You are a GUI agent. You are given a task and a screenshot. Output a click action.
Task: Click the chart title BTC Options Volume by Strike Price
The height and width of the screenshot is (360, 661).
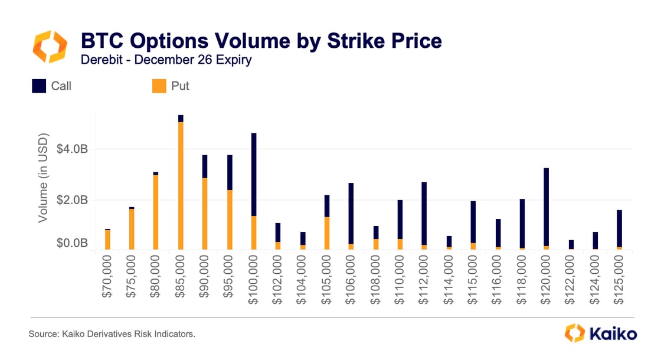point(261,41)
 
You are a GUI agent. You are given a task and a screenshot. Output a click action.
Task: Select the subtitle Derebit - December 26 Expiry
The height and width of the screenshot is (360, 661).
point(166,61)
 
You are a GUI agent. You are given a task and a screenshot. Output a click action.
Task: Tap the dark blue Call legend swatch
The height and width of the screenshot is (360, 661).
point(39,86)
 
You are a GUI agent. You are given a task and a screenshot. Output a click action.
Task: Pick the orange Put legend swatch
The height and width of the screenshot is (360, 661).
point(159,86)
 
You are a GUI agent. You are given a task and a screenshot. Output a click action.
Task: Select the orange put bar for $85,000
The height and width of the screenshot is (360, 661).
point(181,186)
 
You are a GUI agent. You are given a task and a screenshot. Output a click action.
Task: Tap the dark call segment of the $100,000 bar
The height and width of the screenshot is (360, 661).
point(254,174)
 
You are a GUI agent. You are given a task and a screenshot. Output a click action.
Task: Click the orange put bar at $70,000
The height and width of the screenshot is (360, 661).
point(107,240)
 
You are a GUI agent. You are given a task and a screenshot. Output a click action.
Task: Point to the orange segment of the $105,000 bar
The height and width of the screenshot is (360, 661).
point(327,233)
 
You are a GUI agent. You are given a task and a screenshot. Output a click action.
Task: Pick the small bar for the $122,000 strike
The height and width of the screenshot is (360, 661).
point(571,244)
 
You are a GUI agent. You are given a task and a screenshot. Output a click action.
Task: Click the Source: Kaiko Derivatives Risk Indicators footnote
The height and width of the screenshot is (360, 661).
point(112,335)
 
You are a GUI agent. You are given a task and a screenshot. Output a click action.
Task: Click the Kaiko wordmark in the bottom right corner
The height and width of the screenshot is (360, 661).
point(611,333)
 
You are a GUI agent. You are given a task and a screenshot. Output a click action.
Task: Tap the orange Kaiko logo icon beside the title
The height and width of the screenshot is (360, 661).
point(50,48)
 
